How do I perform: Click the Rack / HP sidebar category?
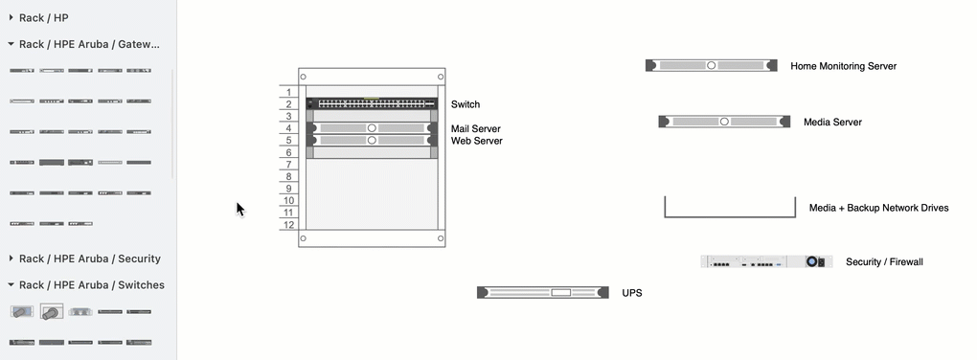click(43, 17)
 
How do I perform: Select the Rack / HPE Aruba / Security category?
click(89, 259)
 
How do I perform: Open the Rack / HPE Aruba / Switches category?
click(91, 284)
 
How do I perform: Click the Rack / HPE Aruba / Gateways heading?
click(89, 44)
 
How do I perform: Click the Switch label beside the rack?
click(466, 104)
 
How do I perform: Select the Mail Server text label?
click(475, 128)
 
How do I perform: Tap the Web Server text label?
click(476, 141)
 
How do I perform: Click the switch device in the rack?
click(370, 103)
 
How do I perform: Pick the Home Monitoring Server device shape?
click(711, 65)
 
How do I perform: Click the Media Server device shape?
click(724, 122)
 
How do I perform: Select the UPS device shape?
click(542, 292)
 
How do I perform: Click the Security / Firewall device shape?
click(766, 261)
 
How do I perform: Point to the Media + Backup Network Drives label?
click(878, 208)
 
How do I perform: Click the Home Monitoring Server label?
click(843, 66)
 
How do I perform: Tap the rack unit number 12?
click(288, 225)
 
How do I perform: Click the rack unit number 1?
click(288, 92)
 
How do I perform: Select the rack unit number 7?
click(288, 165)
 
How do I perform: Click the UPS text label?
click(631, 293)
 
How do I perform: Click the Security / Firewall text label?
click(884, 261)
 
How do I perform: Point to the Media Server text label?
click(832, 123)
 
